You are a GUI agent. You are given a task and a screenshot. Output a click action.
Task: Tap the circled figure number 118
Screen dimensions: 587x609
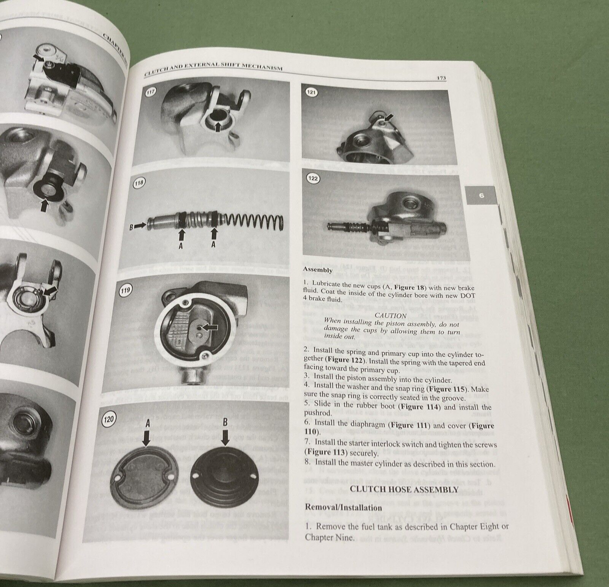tap(139, 183)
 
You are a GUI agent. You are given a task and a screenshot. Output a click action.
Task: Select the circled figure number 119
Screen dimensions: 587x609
tap(126, 290)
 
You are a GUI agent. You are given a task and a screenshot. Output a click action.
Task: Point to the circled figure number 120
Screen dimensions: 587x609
tap(109, 419)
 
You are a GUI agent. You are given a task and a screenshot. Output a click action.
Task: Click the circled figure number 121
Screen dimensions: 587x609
tap(311, 92)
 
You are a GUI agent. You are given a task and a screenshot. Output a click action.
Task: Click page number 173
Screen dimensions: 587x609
tap(441, 78)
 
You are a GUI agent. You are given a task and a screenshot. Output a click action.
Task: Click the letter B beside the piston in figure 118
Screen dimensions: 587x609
tap(131, 226)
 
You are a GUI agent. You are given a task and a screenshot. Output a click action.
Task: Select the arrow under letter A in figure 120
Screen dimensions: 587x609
tap(146, 439)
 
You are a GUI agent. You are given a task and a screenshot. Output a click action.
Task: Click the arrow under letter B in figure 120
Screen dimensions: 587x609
tap(225, 439)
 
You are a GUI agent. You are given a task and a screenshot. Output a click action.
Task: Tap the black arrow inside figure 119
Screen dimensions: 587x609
tap(210, 327)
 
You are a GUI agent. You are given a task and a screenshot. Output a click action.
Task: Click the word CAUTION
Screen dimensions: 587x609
tap(390, 316)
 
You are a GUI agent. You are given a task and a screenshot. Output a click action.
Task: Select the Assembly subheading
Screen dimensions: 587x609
tap(317, 270)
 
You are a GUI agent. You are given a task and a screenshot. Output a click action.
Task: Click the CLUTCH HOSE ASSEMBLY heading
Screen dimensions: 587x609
tap(404, 490)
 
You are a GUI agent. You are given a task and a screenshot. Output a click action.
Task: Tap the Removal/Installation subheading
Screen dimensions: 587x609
tap(343, 508)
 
